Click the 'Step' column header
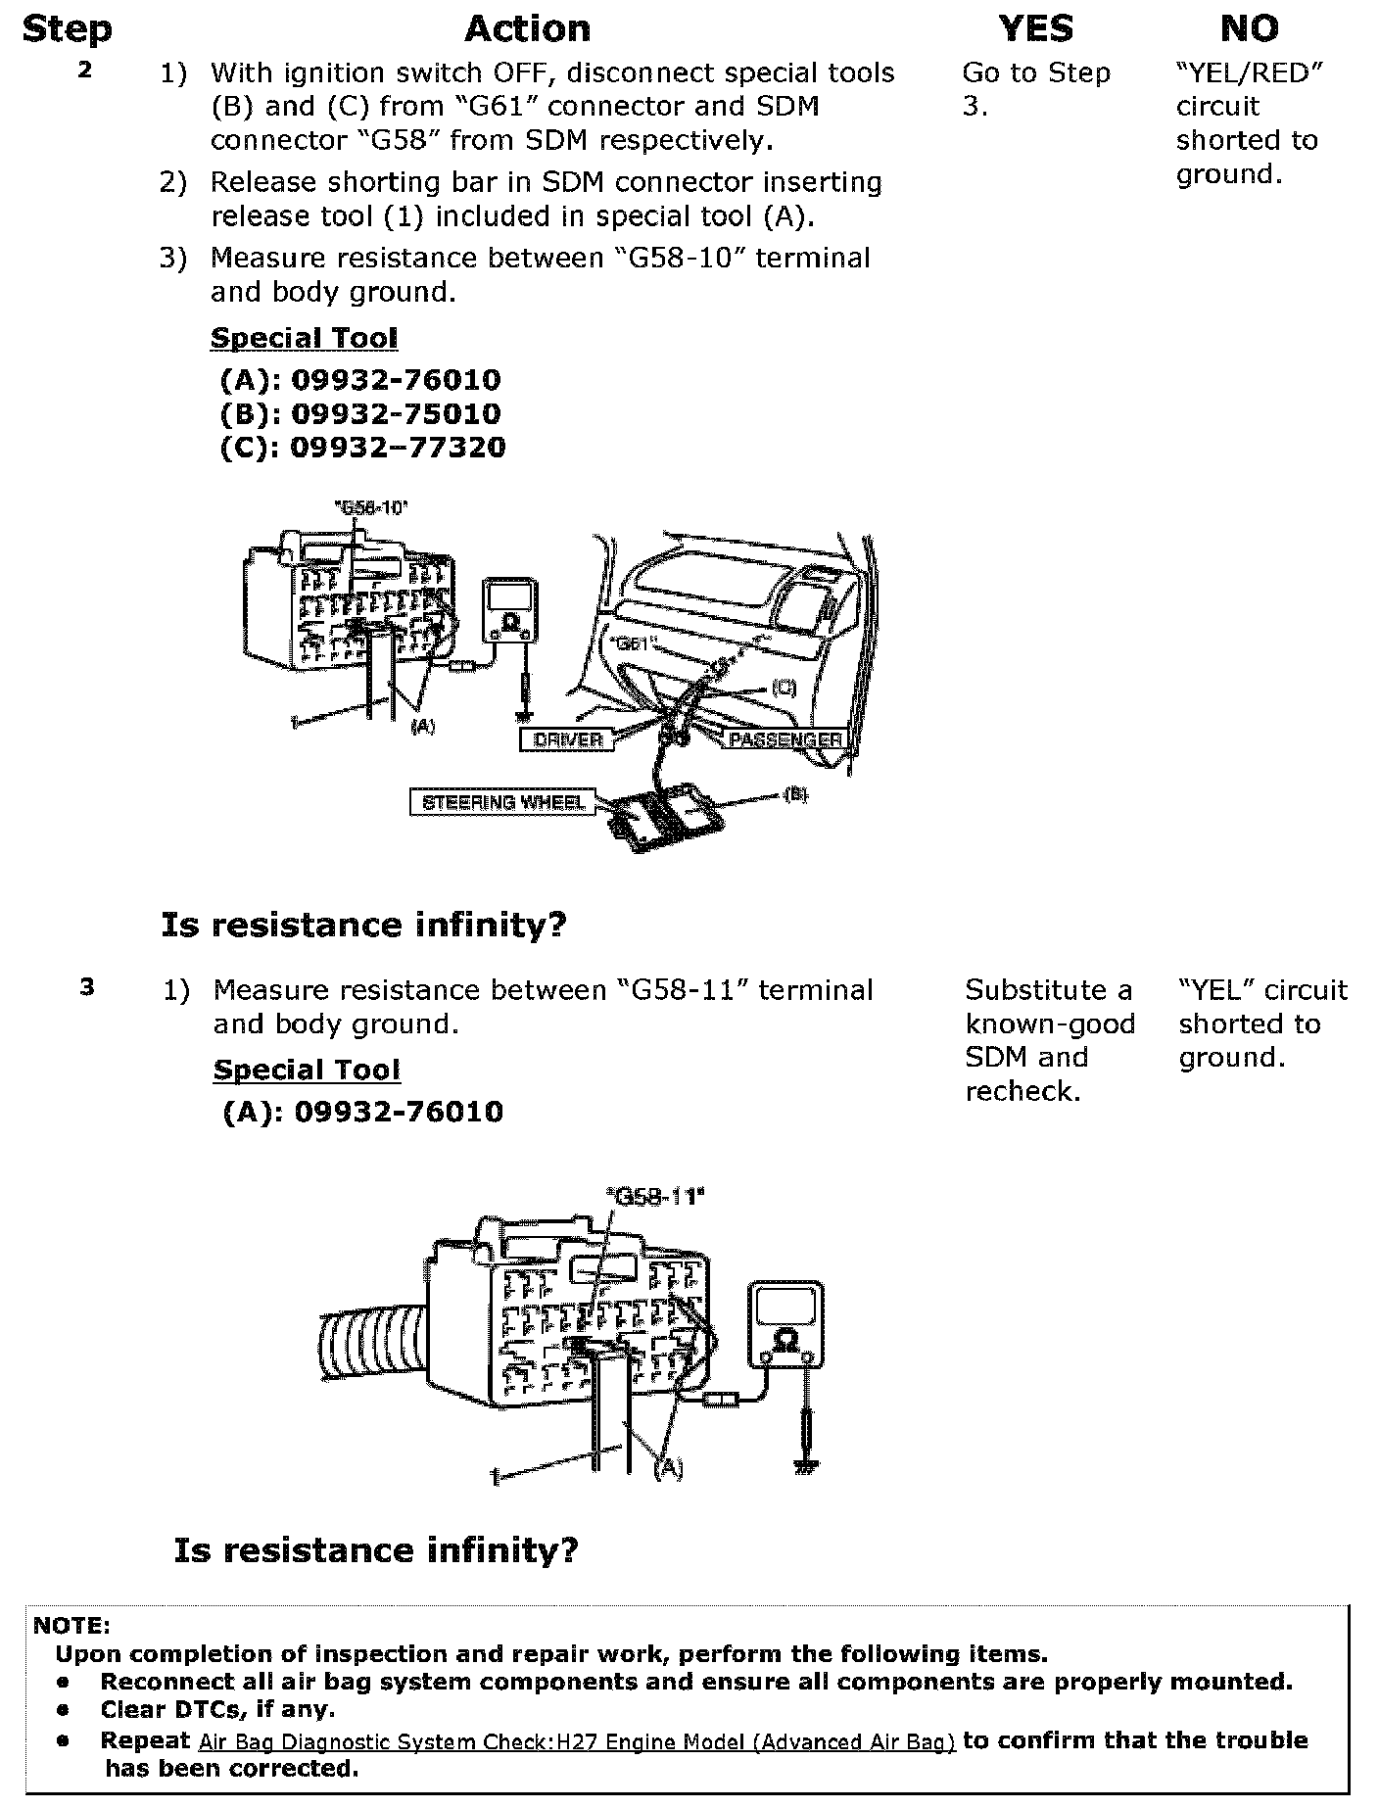click(67, 29)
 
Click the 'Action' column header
click(527, 29)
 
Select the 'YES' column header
click(1035, 29)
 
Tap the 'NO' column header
click(1249, 29)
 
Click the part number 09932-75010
click(396, 413)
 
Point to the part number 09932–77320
click(398, 448)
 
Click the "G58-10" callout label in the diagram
click(370, 507)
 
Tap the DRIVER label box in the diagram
click(567, 739)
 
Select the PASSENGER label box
click(785, 739)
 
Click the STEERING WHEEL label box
click(503, 803)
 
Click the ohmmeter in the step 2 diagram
click(510, 611)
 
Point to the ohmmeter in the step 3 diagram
click(785, 1324)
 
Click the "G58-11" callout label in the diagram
click(655, 1196)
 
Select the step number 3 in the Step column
click(87, 987)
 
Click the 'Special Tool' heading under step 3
click(307, 1070)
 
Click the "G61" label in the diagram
click(634, 644)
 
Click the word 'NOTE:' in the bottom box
click(71, 1626)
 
